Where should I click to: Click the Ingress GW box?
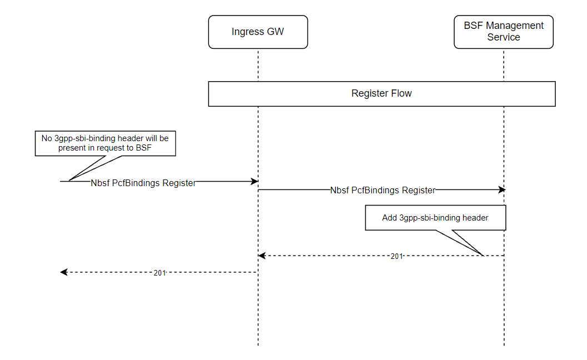[257, 32]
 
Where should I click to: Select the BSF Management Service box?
[504, 32]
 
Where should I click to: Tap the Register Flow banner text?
[381, 93]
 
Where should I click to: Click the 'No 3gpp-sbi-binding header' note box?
[106, 143]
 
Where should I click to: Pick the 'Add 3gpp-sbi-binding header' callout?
[435, 218]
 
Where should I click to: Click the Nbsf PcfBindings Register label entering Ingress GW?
[143, 183]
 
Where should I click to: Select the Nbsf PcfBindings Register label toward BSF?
[382, 190]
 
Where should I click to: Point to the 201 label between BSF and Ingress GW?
[396, 256]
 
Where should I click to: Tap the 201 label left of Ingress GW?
[160, 273]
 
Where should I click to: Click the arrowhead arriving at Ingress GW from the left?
[255, 181]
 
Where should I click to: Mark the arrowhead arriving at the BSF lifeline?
[501, 189]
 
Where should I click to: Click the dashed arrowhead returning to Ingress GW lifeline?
[262, 256]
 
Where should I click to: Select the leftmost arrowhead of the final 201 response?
[63, 272]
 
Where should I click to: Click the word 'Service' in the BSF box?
[504, 37]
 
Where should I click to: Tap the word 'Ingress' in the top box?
[247, 32]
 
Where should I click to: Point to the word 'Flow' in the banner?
[401, 93]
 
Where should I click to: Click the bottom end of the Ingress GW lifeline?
[258, 345]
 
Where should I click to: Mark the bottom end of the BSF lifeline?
[504, 345]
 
